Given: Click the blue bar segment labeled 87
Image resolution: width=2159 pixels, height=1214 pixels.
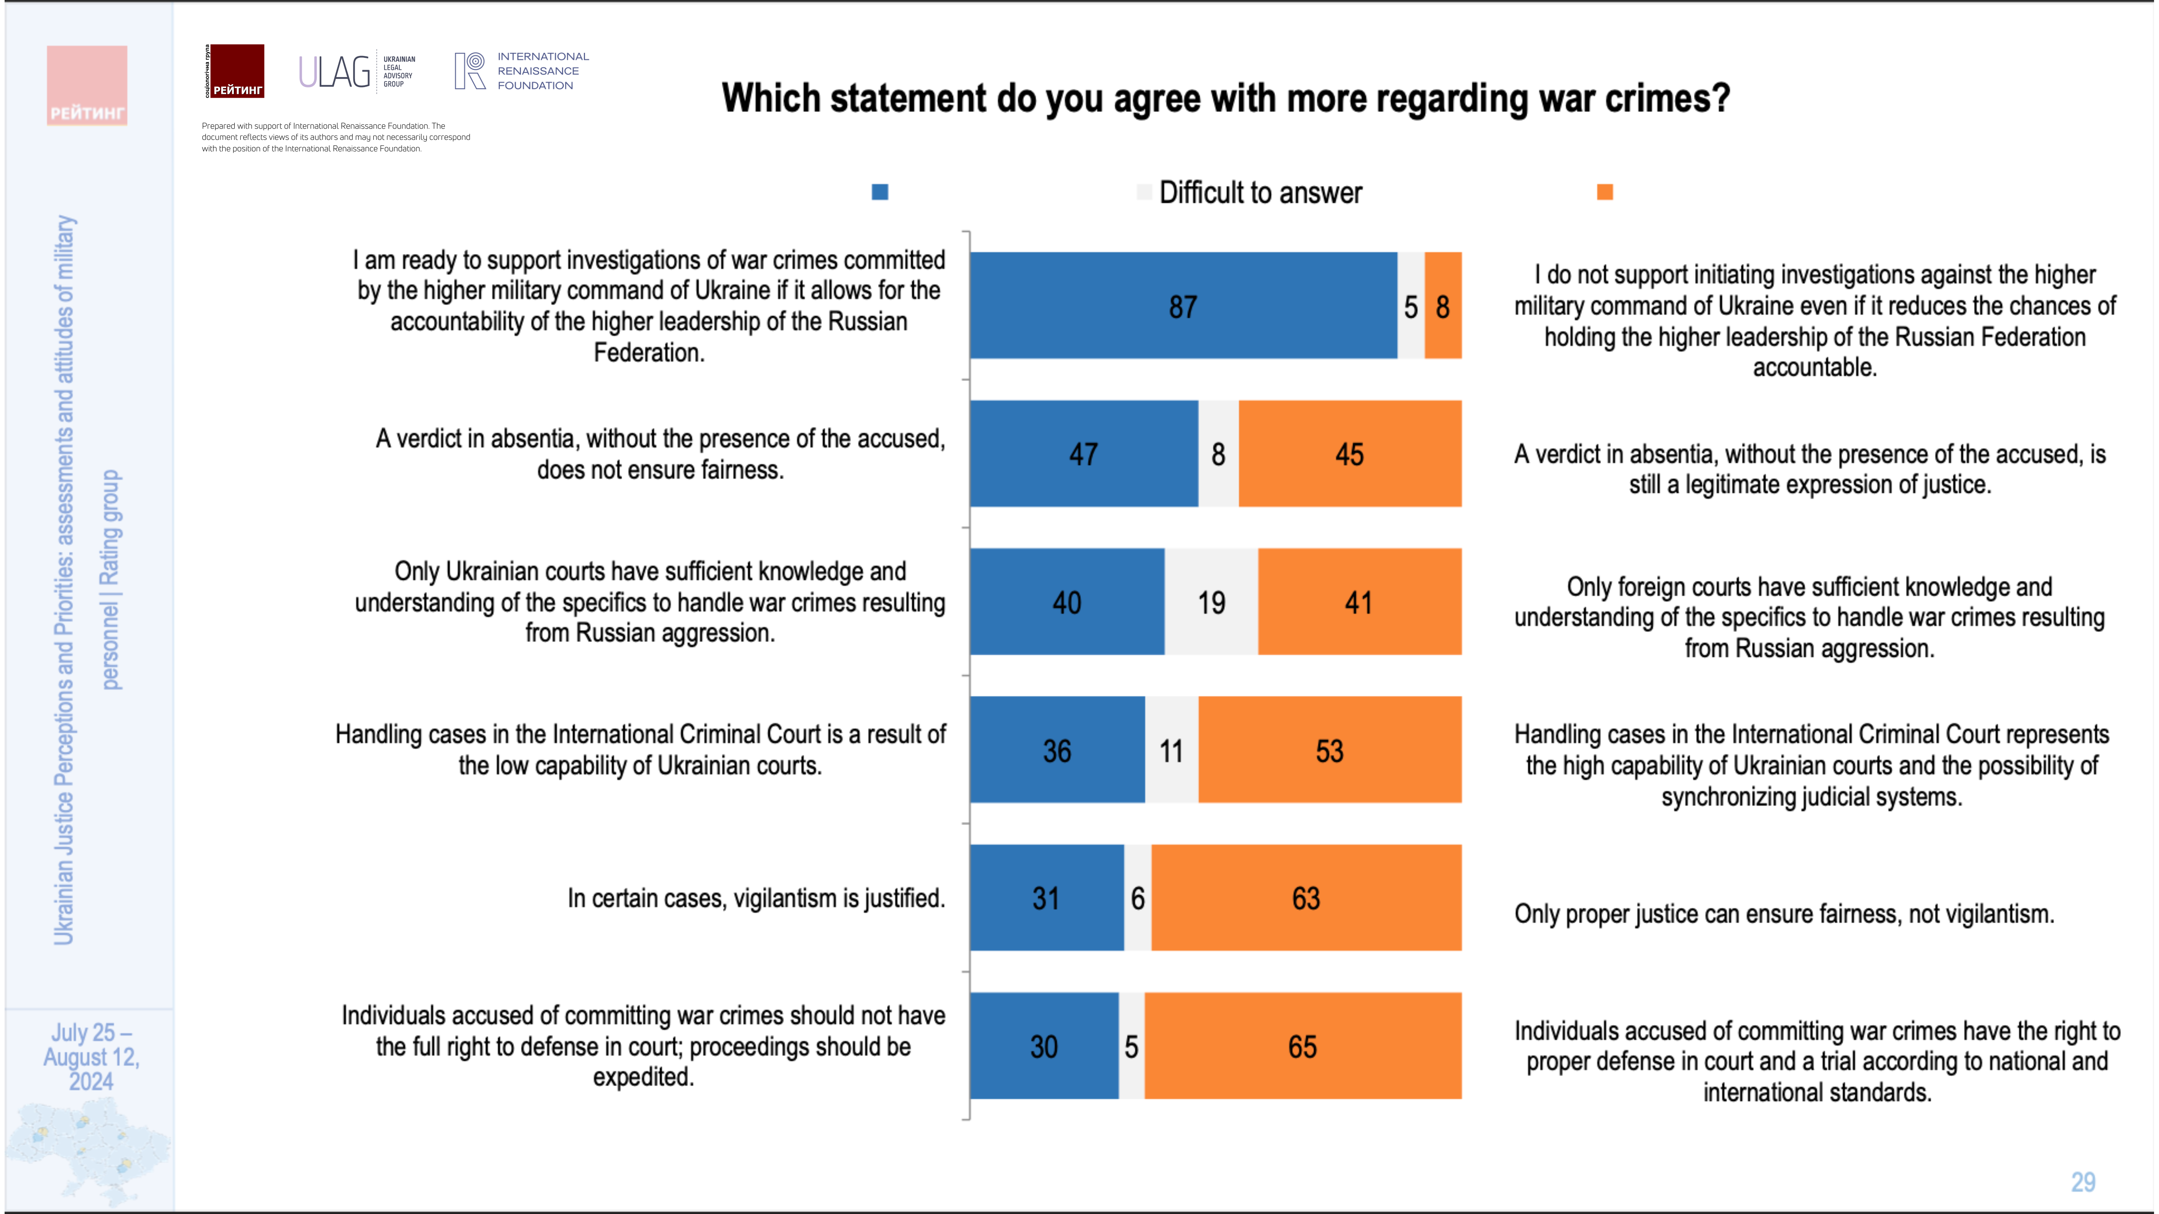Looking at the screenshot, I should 1183,306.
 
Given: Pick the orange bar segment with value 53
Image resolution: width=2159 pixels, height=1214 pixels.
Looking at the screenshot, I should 1329,750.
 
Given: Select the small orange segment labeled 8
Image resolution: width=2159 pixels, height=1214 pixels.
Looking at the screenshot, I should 1443,306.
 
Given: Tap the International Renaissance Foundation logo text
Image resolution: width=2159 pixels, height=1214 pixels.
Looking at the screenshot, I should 542,71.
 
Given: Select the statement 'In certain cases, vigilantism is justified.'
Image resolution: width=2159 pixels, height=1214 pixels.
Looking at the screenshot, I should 756,898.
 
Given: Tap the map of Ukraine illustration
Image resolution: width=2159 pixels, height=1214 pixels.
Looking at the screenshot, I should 88,1148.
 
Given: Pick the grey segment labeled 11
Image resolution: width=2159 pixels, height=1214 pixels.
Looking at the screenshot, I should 1171,750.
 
